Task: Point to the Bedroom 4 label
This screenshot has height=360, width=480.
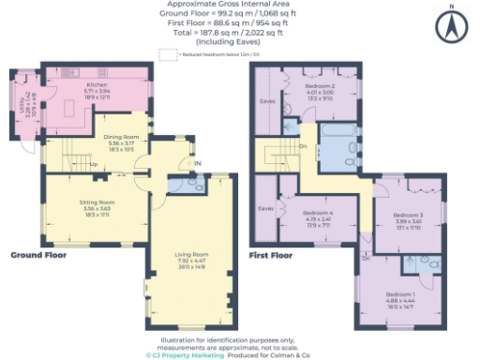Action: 319,215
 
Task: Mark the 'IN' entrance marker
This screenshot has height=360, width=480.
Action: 197,163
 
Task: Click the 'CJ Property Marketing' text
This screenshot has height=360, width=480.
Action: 185,355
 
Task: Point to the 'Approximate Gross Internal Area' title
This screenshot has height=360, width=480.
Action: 239,6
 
